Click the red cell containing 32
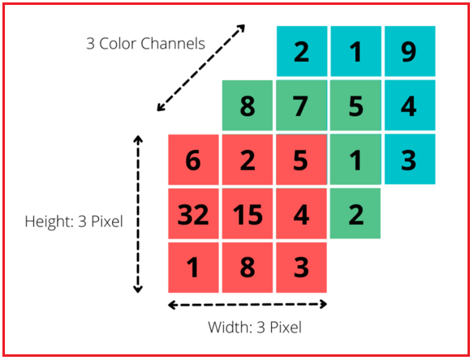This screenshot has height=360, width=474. (193, 214)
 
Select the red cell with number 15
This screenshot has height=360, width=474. (248, 214)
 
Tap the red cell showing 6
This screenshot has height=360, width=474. (193, 160)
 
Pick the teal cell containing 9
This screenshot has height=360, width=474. (410, 51)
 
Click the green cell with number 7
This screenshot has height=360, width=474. (302, 105)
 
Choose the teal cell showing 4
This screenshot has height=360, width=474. (410, 105)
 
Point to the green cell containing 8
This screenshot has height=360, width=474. (248, 105)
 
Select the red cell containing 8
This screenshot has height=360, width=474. (248, 268)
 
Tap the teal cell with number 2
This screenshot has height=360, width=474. (302, 51)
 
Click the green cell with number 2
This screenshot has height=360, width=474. (355, 214)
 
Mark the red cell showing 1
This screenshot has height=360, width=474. (193, 268)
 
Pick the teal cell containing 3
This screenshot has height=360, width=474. (410, 159)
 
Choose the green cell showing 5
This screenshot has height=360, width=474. (355, 105)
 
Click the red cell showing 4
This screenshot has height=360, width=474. (301, 214)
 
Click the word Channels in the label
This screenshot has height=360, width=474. (173, 44)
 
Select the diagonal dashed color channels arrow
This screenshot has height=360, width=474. (200, 68)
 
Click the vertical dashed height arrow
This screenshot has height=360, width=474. (138, 214)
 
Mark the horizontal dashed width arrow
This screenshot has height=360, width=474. (248, 304)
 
